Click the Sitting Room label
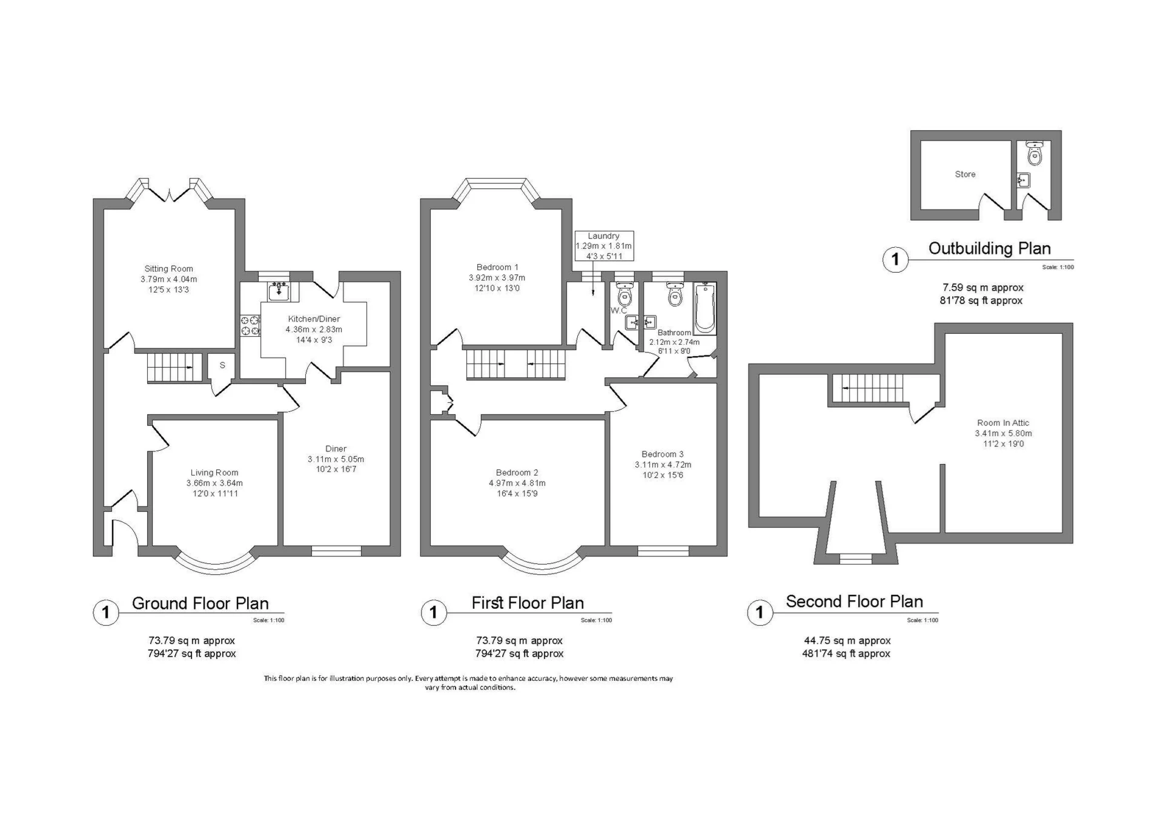168,269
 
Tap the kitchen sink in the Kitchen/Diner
279,291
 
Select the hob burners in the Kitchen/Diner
250,325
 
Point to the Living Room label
214,473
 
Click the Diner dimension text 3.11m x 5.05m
336,459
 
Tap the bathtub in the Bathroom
704,308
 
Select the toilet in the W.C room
624,294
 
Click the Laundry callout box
604,246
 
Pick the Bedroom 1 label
497,267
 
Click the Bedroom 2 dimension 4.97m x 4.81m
517,483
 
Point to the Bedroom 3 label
663,454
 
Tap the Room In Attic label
1003,423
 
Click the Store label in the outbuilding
965,174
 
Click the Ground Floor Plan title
200,603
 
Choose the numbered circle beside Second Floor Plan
760,612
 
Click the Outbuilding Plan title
990,248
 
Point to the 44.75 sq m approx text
847,640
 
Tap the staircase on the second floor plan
867,388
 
